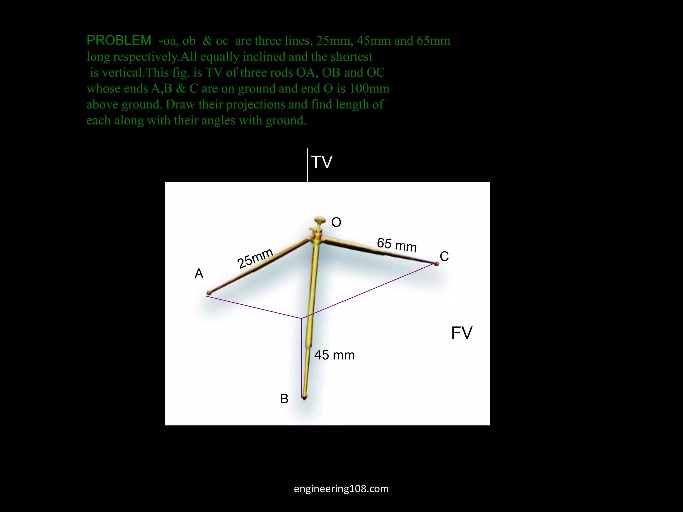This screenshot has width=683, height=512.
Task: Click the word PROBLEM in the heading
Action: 119,40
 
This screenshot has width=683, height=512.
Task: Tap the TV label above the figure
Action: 322,162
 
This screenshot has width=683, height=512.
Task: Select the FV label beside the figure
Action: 462,333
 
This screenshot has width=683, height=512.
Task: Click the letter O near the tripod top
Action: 336,222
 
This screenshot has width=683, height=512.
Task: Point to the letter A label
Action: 199,274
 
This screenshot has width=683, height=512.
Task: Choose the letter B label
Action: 284,399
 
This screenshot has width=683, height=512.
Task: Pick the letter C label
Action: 444,256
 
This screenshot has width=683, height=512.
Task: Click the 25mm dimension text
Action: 255,258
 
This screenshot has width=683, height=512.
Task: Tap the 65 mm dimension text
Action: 397,245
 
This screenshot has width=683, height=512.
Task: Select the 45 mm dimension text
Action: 334,355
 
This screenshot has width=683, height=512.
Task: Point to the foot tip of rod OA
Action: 209,293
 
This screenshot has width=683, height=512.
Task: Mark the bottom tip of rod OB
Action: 304,397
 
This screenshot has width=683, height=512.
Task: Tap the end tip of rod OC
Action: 436,264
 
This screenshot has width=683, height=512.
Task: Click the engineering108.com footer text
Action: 341,489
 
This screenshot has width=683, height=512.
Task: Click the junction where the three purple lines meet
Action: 301,318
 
